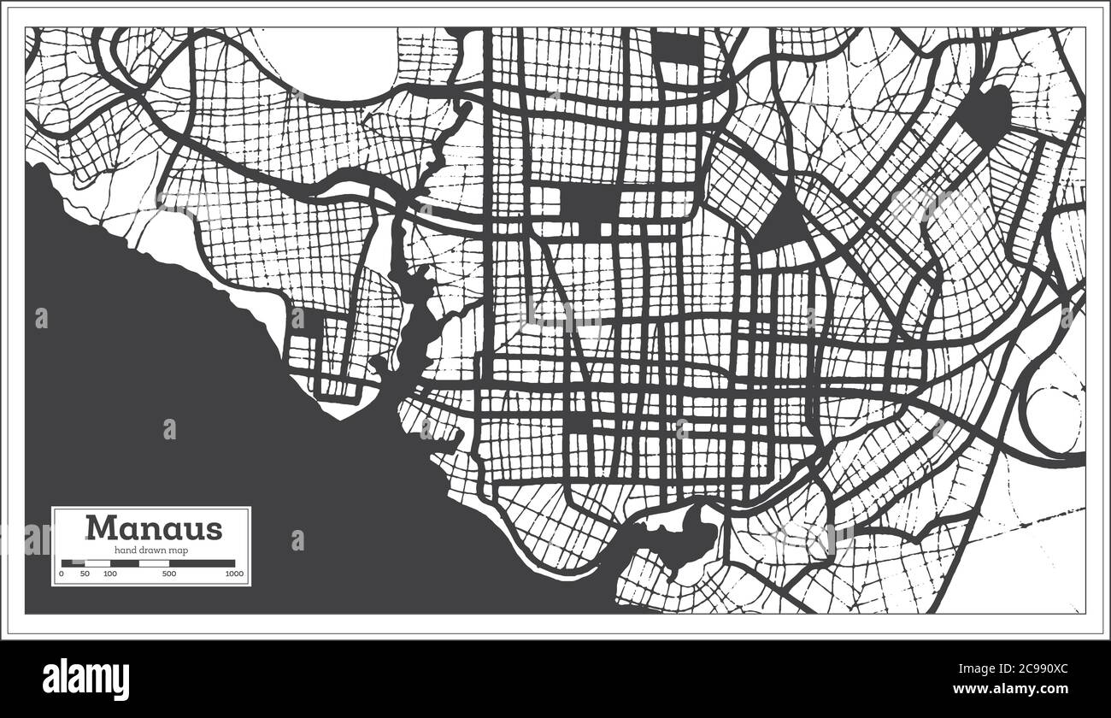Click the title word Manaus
point(153,527)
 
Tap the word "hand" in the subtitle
point(125,550)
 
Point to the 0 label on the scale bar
point(62,574)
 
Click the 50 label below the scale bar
point(85,574)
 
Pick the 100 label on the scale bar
point(109,574)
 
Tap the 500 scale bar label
point(168,574)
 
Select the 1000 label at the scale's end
point(234,574)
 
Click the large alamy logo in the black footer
point(86,680)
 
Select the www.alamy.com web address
point(1025,689)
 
